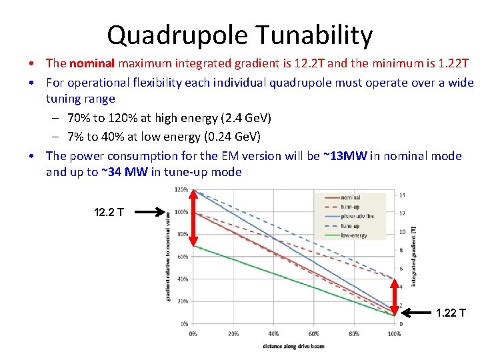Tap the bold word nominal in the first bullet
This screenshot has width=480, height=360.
tap(92, 63)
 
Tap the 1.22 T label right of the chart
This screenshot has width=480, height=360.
tap(451, 313)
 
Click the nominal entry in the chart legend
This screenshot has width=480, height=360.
tap(350, 197)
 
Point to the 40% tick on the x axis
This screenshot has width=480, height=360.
tap(273, 333)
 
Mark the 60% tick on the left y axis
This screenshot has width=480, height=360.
tap(181, 257)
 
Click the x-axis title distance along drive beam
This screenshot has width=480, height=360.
tap(293, 345)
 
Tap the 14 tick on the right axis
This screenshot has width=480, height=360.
tap(402, 195)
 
